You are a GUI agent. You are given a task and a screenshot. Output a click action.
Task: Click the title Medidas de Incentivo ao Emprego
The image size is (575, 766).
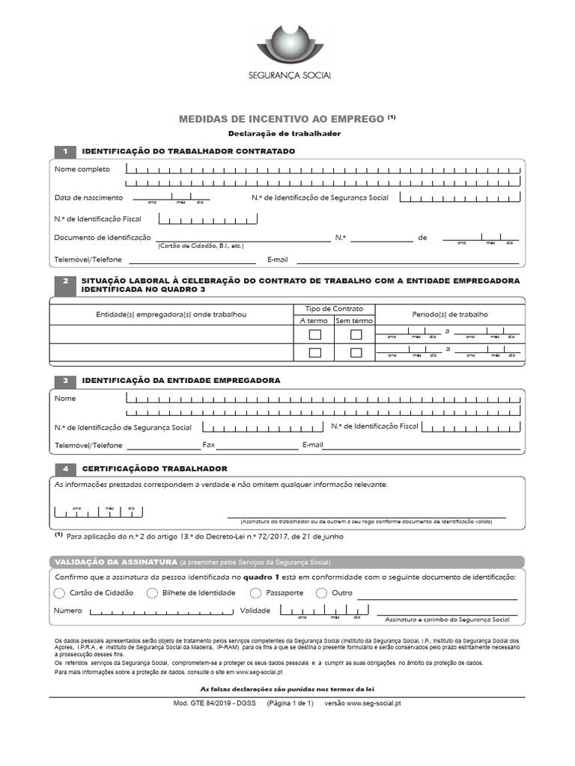pyautogui.click(x=282, y=119)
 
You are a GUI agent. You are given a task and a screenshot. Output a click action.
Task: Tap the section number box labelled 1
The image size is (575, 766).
pyautogui.click(x=65, y=151)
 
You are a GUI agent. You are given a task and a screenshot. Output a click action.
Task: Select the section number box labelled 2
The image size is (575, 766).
pyautogui.click(x=65, y=281)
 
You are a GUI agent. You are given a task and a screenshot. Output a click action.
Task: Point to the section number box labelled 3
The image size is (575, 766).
pyautogui.click(x=65, y=380)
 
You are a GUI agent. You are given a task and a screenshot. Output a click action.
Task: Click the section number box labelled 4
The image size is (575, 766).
pyautogui.click(x=65, y=468)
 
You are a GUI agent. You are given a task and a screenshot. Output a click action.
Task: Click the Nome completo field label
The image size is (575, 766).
pyautogui.click(x=82, y=169)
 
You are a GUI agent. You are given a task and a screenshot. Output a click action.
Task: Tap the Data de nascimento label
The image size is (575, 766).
pyautogui.click(x=88, y=197)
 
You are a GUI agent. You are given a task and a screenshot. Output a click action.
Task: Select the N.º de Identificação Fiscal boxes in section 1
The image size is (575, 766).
pyautogui.click(x=207, y=219)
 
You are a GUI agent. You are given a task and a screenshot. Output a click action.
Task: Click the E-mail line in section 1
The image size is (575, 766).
pyautogui.click(x=408, y=261)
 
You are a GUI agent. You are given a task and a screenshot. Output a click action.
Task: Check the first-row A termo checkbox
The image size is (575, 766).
pyautogui.click(x=315, y=334)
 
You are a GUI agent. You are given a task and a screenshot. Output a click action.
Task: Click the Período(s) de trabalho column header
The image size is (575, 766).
pyautogui.click(x=449, y=314)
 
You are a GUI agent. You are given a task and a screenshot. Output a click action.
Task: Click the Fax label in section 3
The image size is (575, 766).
pyautogui.click(x=209, y=445)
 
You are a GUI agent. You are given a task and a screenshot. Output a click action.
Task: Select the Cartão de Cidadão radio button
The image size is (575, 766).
pyautogui.click(x=60, y=593)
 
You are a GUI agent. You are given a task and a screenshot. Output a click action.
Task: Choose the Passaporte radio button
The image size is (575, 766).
pyautogui.click(x=255, y=593)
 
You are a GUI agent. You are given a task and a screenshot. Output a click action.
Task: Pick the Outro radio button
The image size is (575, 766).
pyautogui.click(x=322, y=593)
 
